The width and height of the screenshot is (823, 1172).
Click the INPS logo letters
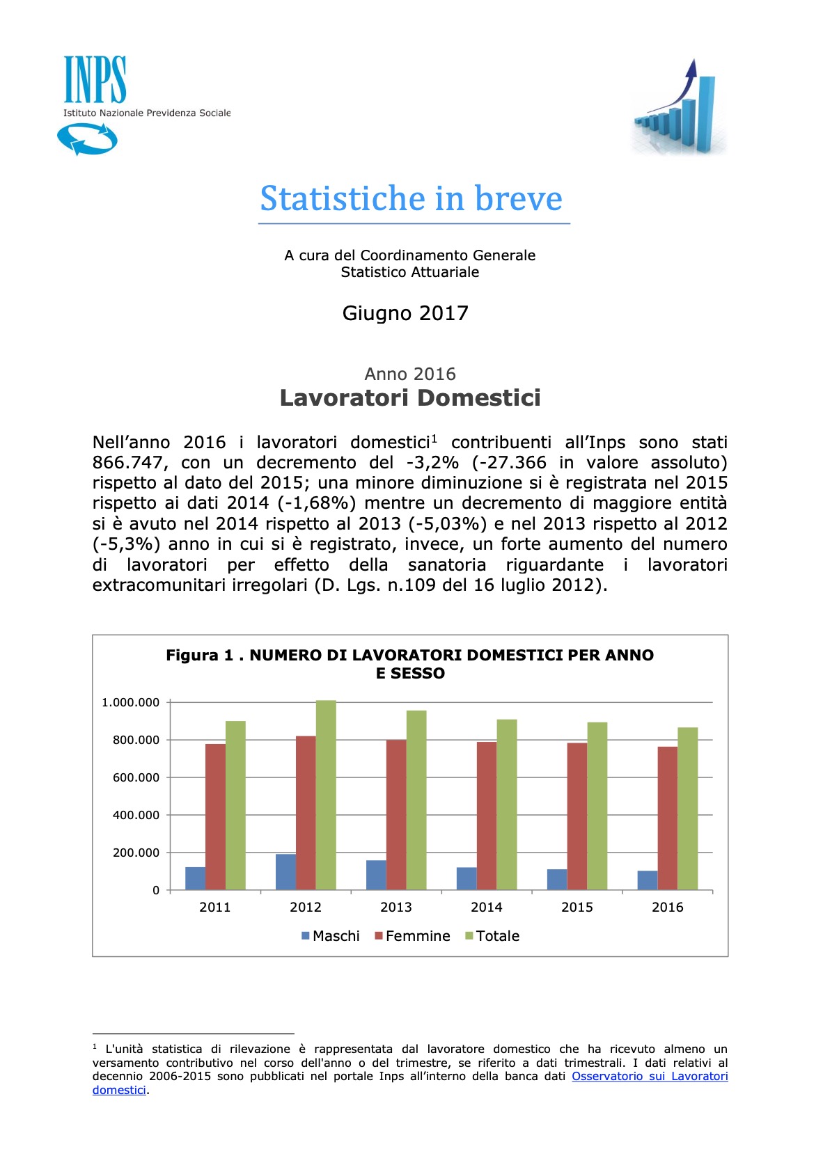95,80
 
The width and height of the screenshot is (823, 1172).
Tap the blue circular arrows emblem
87,138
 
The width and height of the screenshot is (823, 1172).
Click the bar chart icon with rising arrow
679,108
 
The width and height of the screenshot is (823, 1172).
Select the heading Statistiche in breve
411,199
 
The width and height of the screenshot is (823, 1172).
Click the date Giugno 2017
405,313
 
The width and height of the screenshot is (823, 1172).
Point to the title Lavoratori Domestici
410,398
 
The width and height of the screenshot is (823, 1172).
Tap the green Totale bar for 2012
326,795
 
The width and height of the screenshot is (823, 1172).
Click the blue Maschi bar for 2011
195,878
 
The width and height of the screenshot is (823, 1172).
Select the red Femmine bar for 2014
486,816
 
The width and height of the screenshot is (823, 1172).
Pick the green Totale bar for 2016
687,809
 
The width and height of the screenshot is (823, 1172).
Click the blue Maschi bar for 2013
376,875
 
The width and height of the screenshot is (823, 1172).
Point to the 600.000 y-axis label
136,777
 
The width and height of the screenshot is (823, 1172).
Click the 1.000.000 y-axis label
130,702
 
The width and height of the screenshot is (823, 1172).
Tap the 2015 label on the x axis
577,907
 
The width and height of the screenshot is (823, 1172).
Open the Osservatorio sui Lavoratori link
649,1076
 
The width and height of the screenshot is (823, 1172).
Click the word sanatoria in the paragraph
446,564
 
